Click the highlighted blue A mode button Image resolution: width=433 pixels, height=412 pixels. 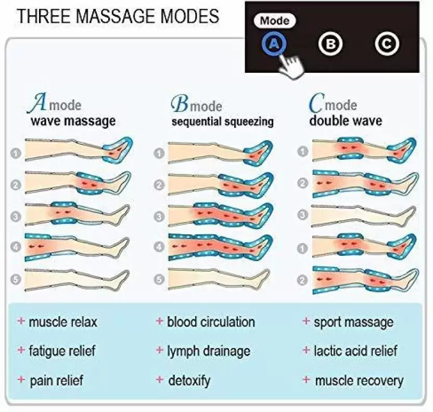274,44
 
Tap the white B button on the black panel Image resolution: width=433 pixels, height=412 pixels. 330,44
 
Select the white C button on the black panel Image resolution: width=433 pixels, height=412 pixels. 387,44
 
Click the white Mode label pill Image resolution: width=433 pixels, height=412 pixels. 274,21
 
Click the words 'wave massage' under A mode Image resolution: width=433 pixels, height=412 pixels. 73,121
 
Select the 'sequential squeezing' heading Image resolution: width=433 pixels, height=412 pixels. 223,121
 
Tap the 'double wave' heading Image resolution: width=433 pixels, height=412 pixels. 346,121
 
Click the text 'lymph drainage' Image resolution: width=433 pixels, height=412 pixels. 209,351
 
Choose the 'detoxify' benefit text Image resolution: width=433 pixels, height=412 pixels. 189,381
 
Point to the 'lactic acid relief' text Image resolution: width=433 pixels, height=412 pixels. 355,351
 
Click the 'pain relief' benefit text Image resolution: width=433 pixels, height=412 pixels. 57,381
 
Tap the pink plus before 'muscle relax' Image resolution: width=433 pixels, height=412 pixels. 21,321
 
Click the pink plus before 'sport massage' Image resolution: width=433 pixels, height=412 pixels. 306,321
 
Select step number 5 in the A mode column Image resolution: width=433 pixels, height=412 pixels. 16,279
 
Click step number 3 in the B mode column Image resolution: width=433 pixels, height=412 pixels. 159,216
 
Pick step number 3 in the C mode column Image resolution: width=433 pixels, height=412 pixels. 303,215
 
